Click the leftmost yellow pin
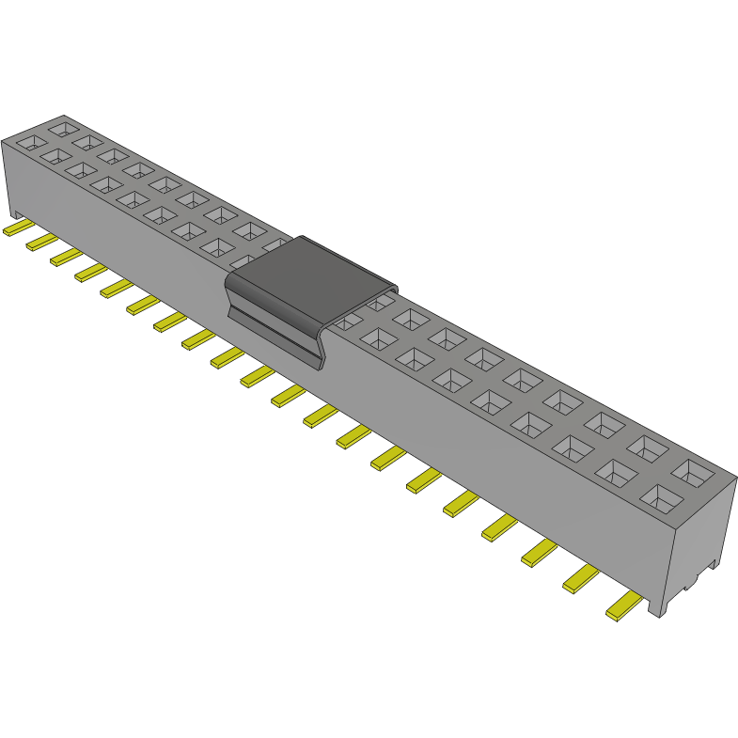pos(18,228)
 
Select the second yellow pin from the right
pos(581,579)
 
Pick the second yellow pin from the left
pos(41,242)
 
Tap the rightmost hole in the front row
pos(661,497)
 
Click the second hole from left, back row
pos(88,141)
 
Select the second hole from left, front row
pos(55,157)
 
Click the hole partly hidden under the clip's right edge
pos(379,303)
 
